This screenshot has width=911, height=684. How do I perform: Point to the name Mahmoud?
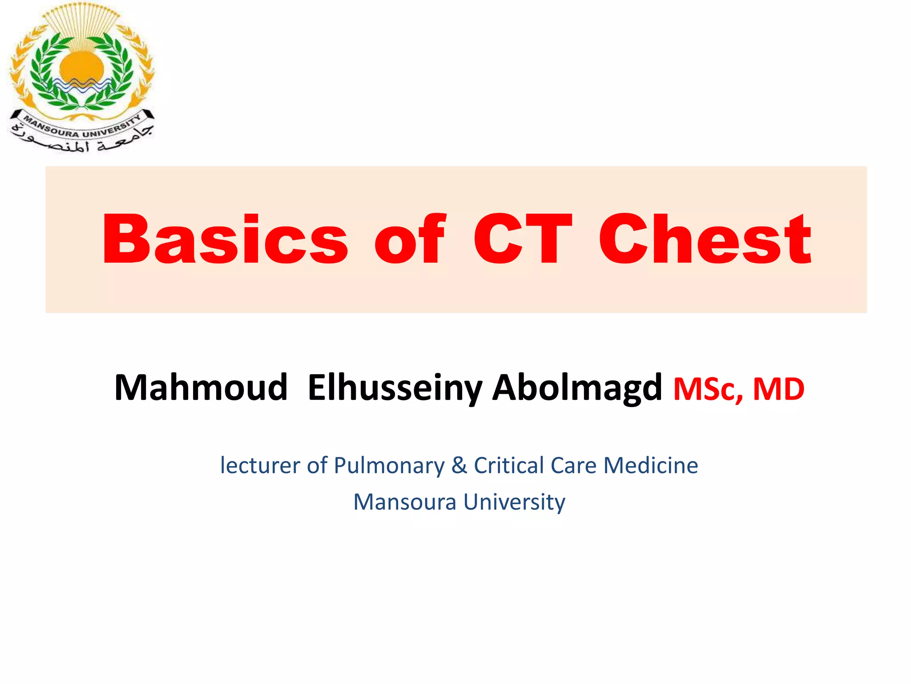click(201, 387)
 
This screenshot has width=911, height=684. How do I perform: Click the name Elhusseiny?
click(395, 387)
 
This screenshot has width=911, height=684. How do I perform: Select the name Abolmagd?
click(577, 387)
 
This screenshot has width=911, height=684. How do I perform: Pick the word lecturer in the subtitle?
click(260, 465)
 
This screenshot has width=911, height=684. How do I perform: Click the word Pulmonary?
click(389, 465)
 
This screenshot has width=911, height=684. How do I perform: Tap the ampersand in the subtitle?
click(459, 465)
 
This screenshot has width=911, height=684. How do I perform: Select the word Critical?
click(509, 465)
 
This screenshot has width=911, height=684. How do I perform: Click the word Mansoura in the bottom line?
click(404, 502)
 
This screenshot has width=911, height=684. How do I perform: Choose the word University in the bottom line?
click(514, 502)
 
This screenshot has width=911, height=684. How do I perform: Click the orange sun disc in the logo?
click(81, 67)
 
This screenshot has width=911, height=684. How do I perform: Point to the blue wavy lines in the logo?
click(81, 85)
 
